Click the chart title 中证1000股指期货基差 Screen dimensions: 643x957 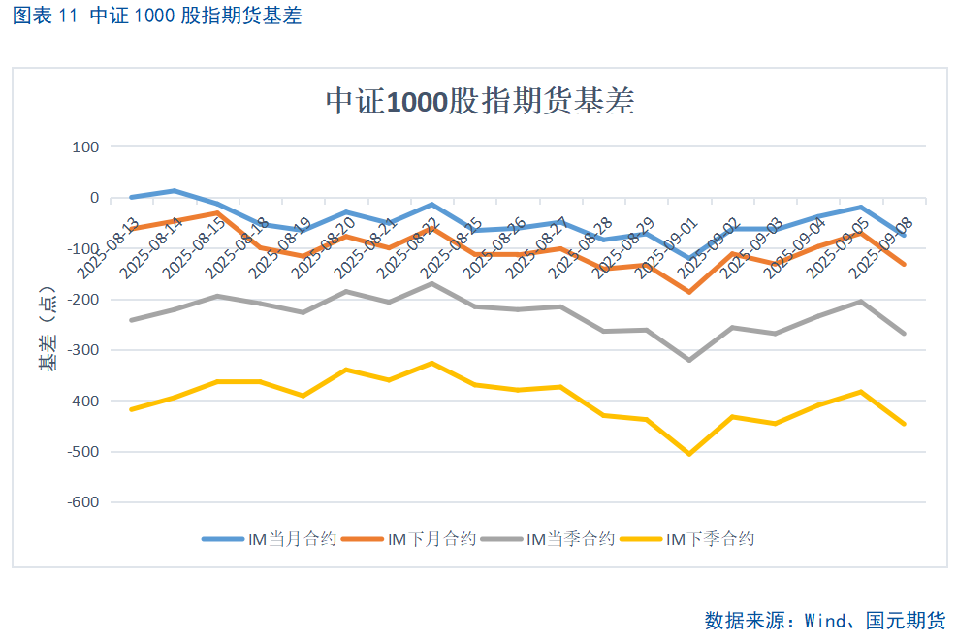480,101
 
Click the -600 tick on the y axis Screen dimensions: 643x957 83,502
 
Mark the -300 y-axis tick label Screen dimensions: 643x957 83,350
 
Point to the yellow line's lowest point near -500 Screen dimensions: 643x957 689,454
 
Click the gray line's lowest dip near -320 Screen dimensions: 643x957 689,360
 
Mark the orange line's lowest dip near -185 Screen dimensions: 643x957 689,292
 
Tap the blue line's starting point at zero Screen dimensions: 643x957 131,197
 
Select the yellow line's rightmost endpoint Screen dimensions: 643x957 904,424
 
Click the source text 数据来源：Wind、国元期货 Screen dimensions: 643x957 824,620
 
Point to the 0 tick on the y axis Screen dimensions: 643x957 94,198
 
